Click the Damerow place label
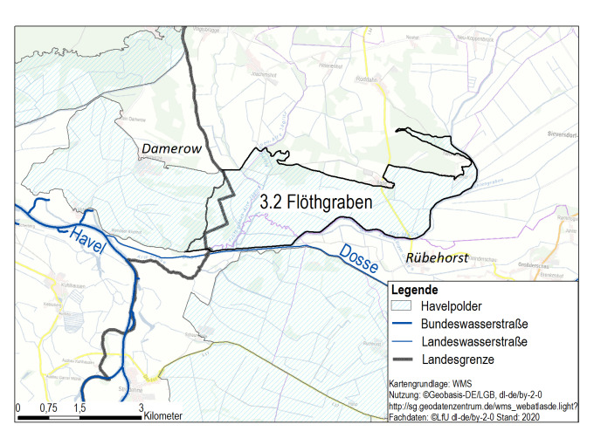171,150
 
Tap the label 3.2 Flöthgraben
316,201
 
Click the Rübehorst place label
438,257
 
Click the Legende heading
415,290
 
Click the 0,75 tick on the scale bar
48,407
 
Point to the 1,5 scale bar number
79,407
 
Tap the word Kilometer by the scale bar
164,417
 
